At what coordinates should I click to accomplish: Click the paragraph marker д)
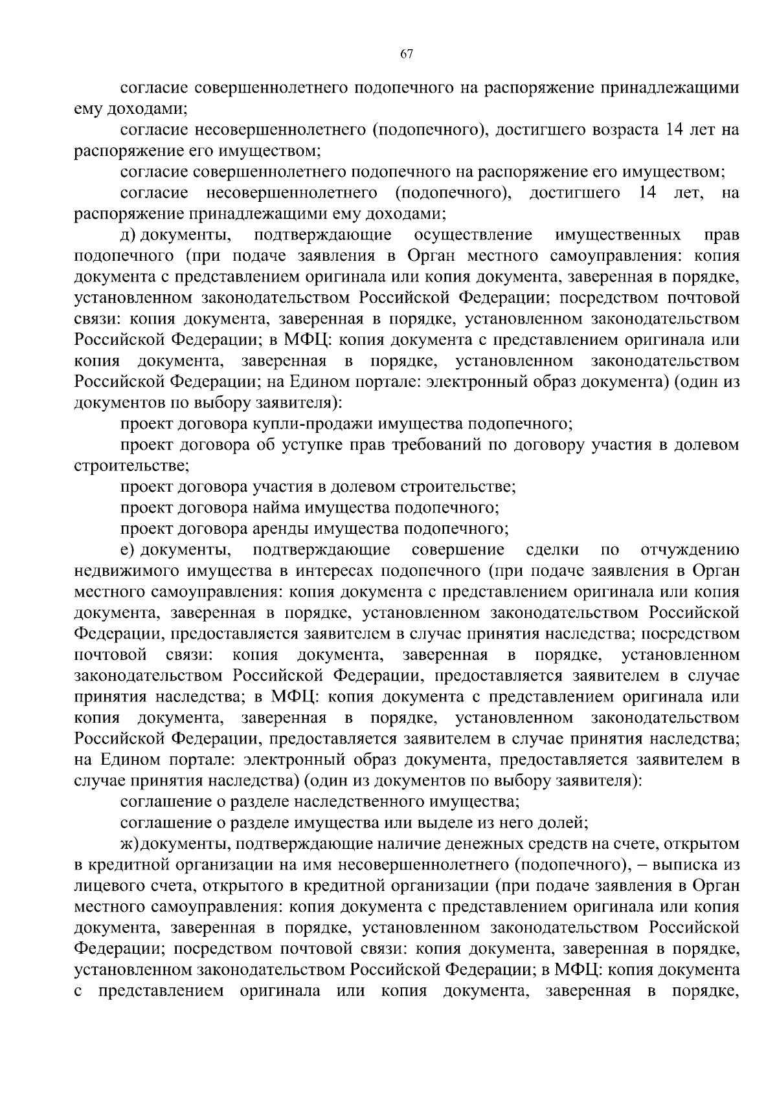[128, 234]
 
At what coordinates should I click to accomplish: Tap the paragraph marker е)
[128, 550]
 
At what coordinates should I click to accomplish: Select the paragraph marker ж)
[130, 844]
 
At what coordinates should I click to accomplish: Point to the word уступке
[312, 445]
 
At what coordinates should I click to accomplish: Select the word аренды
[284, 529]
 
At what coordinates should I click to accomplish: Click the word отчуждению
[690, 550]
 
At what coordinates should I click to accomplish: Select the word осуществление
[473, 234]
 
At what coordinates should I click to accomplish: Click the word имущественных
[618, 234]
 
